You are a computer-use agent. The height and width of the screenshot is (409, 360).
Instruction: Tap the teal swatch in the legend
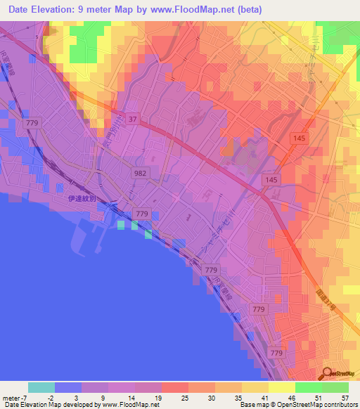click(x=41, y=387)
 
